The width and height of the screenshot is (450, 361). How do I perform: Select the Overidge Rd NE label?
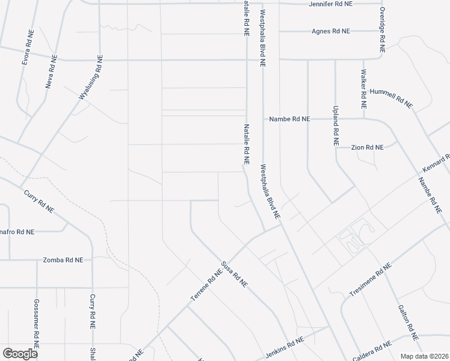point(381,29)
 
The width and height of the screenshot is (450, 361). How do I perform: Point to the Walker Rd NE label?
point(363,88)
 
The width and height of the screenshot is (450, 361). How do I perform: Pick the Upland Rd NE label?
point(336,126)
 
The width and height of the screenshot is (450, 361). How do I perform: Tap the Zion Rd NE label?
point(368,147)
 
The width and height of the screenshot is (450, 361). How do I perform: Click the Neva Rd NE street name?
point(52,72)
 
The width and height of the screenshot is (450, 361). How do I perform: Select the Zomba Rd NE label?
point(63,260)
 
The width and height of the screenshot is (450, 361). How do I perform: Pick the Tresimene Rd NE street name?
point(371,280)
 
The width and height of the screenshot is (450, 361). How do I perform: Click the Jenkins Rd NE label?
point(285,348)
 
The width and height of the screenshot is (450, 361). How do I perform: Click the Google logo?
point(20,354)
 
